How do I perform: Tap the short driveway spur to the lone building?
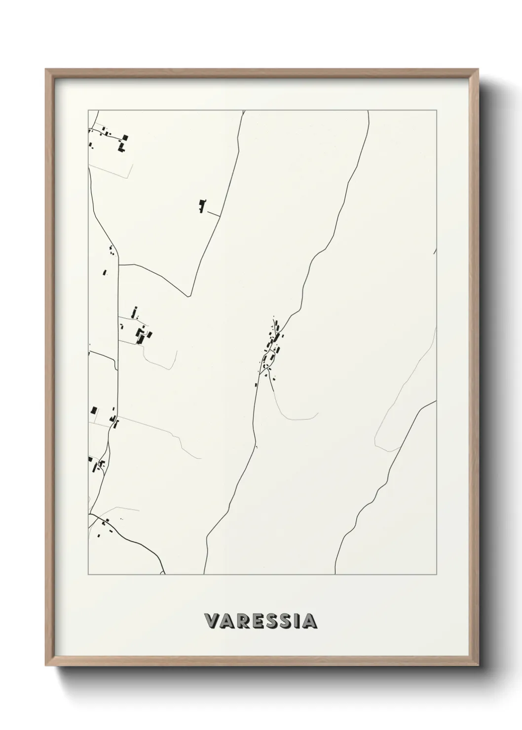coord(214,213)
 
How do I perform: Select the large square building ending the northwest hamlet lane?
coord(125,137)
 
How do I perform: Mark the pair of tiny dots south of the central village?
coord(256,447)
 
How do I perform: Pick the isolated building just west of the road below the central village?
coord(256,385)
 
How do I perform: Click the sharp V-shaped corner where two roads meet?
coord(190,296)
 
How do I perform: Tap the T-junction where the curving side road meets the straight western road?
coord(119,265)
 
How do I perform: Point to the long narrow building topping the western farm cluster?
coord(134,312)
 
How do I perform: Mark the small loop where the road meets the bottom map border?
coord(163,572)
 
